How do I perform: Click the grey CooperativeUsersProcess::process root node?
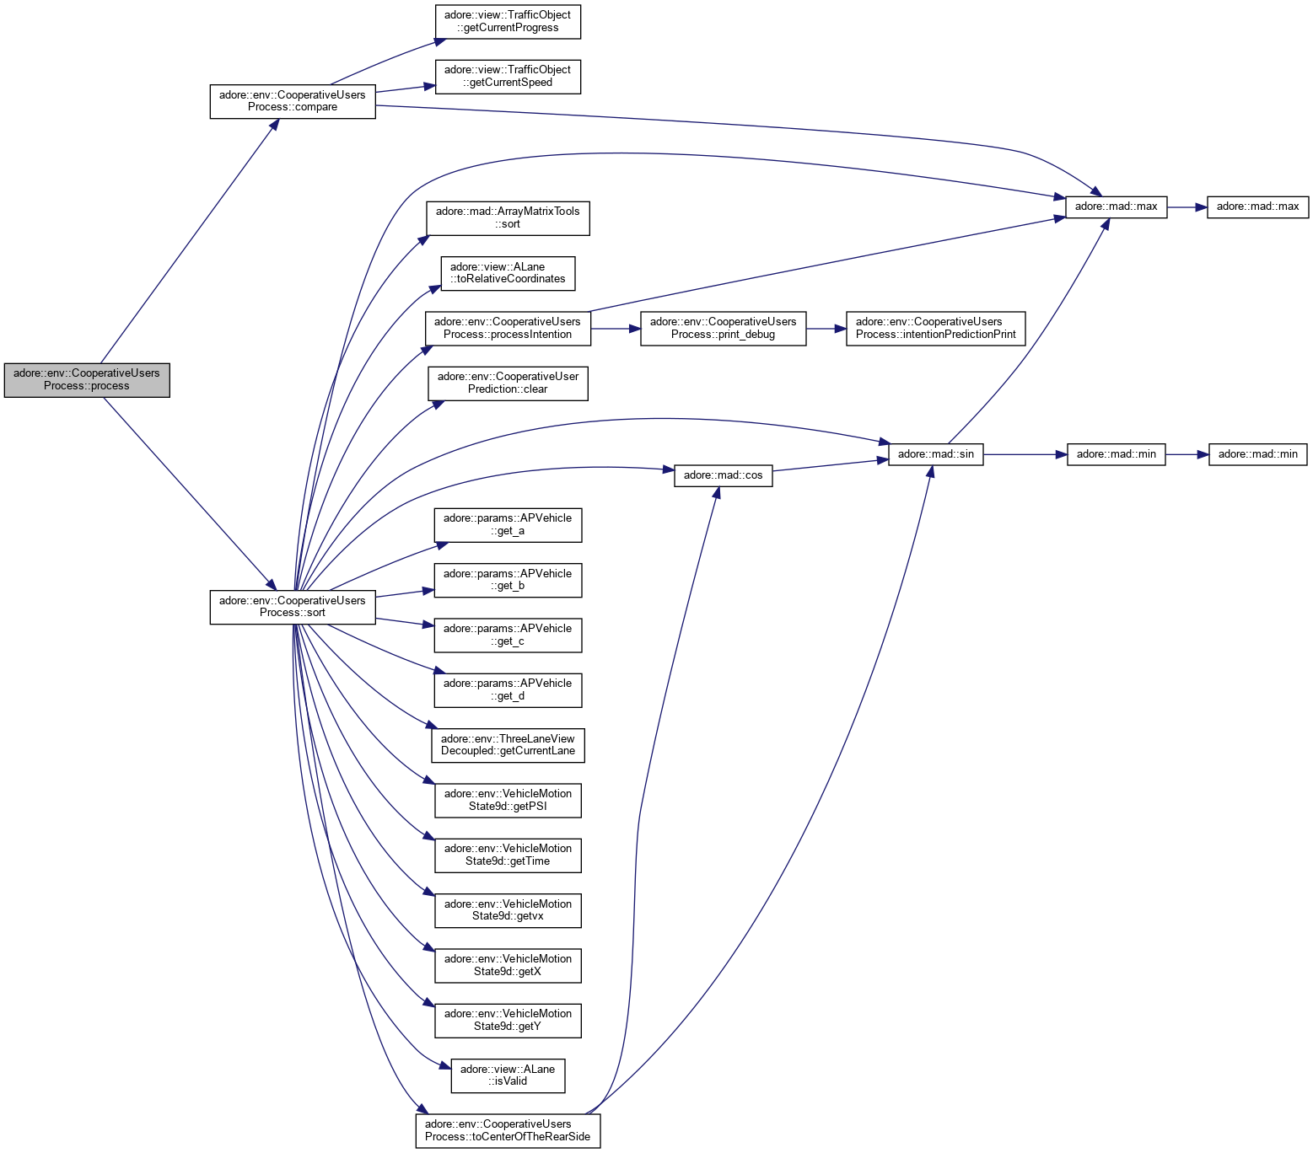click(x=87, y=379)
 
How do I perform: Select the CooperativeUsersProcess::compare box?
click(x=292, y=101)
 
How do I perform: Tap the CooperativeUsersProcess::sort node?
click(x=292, y=607)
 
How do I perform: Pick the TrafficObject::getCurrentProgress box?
click(x=508, y=21)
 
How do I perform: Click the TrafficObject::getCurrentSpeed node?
click(x=508, y=76)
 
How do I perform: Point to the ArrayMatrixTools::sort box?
click(x=508, y=217)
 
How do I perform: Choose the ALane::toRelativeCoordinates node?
click(x=508, y=273)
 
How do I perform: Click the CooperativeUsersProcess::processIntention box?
click(x=508, y=328)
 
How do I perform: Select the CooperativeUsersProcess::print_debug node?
click(x=723, y=328)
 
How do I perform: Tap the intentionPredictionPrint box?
click(x=936, y=328)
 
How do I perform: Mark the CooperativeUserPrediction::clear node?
click(x=508, y=383)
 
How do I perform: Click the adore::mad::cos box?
click(x=723, y=475)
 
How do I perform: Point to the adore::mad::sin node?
click(x=935, y=454)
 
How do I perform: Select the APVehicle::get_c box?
click(x=508, y=635)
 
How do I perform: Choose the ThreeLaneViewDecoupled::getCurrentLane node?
click(x=508, y=745)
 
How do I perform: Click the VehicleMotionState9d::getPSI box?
click(x=508, y=800)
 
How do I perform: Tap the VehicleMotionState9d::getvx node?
click(x=508, y=910)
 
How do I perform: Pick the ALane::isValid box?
click(x=508, y=1075)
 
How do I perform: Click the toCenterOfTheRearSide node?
click(x=508, y=1130)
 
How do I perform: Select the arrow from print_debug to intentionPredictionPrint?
click(x=826, y=329)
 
